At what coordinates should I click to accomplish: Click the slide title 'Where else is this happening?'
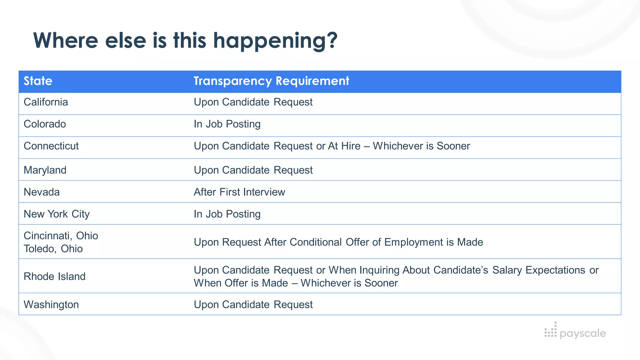(185, 41)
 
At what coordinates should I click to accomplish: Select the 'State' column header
(38, 81)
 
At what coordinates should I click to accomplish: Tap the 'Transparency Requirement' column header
(271, 81)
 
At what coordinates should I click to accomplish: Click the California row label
(46, 102)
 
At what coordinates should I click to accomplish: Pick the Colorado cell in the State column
(45, 124)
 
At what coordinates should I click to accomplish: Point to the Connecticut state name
(51, 146)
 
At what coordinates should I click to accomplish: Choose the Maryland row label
(45, 170)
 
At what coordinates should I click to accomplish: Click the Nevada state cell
(42, 192)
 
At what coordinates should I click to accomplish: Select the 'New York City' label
(57, 214)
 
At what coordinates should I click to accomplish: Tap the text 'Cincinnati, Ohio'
(61, 236)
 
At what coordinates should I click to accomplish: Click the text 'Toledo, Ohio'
(53, 249)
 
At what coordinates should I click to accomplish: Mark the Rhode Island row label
(55, 277)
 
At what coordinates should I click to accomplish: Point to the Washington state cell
(51, 305)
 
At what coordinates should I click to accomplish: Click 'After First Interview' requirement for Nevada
(239, 192)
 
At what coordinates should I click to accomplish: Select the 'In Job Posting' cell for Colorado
(227, 124)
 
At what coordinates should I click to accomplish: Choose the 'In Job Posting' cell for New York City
(227, 214)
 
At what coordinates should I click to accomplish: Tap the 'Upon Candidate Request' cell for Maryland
(253, 170)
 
